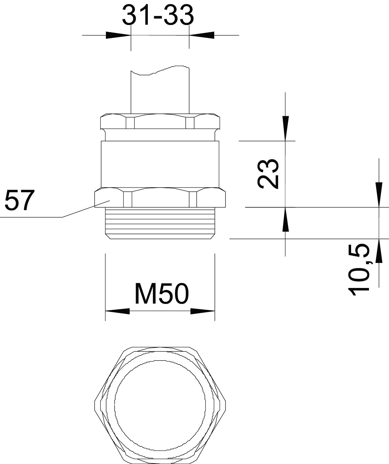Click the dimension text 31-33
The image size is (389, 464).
158,15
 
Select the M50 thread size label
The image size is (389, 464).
162,294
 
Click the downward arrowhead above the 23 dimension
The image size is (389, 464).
286,128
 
